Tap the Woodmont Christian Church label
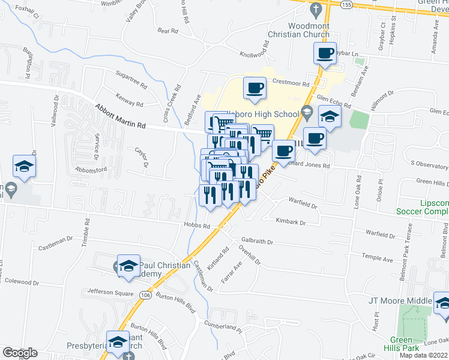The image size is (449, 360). [x=309, y=30]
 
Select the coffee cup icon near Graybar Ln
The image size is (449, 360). [x=325, y=53]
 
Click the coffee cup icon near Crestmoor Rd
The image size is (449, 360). [x=254, y=88]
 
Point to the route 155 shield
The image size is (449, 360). [x=346, y=4]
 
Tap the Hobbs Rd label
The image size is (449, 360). [x=197, y=226]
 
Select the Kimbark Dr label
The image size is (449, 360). [x=291, y=221]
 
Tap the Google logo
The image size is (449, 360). [x=19, y=353]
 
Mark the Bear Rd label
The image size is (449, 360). [x=168, y=30]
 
